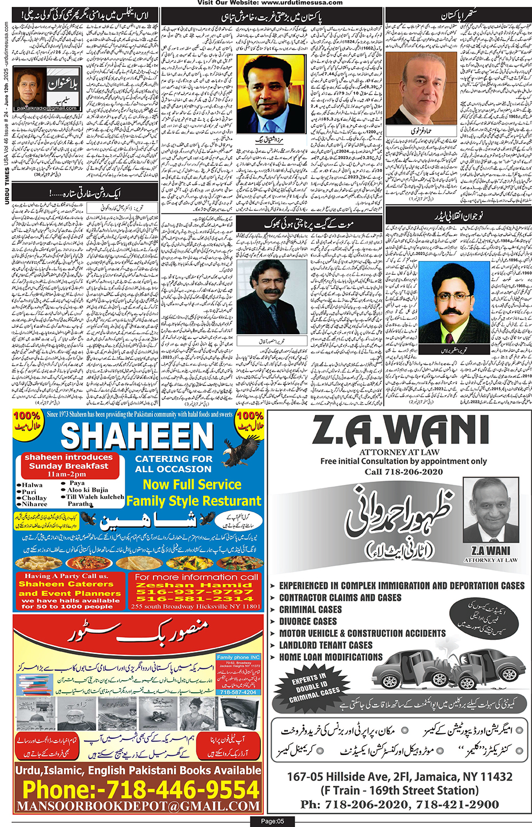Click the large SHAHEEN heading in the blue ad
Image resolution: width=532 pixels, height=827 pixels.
(x=137, y=437)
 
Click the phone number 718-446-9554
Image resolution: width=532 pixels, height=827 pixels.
(x=141, y=790)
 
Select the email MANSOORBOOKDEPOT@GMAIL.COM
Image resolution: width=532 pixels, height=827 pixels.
(x=138, y=806)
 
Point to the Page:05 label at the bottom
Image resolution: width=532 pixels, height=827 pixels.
(x=272, y=821)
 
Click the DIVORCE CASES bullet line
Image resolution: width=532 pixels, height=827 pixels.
(x=307, y=621)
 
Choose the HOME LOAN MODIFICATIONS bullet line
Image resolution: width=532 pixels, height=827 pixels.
(x=330, y=657)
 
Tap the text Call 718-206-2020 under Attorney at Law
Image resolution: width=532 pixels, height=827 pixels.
(x=404, y=472)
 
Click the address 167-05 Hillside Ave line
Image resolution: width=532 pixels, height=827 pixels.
(x=399, y=777)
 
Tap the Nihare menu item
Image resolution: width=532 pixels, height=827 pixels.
(x=35, y=504)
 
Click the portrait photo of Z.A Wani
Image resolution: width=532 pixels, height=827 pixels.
(x=491, y=510)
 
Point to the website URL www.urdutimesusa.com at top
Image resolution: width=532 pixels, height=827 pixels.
(x=302, y=3)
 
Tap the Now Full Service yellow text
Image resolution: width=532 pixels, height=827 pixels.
(x=192, y=484)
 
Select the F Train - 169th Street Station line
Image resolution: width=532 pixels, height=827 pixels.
(x=399, y=790)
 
